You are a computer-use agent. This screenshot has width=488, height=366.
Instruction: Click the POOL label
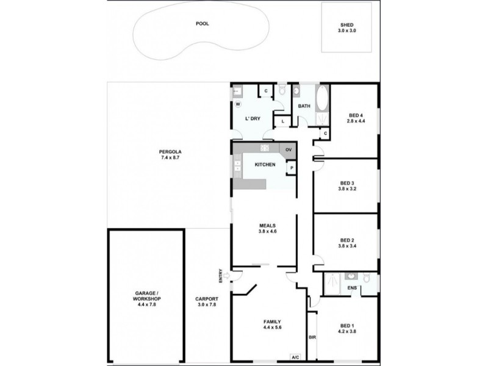(x=202, y=24)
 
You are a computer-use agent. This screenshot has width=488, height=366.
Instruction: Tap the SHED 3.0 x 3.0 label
(x=347, y=27)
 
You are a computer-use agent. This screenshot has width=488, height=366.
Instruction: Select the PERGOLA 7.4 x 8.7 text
(x=168, y=155)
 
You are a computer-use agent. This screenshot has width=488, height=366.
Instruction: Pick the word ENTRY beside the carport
(x=221, y=276)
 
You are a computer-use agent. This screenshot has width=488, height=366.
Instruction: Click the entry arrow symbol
(x=227, y=276)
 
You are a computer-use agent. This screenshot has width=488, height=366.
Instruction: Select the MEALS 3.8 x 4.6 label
(x=268, y=229)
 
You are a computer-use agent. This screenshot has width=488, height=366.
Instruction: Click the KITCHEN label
(x=265, y=165)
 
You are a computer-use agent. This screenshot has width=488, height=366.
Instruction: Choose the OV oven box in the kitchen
(x=289, y=149)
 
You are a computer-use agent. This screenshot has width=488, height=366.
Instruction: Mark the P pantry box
(x=291, y=168)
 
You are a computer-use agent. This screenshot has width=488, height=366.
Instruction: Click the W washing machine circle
(x=238, y=104)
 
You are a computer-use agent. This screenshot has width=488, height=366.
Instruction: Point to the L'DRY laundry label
(x=253, y=118)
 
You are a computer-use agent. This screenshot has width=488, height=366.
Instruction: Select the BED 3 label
(x=347, y=185)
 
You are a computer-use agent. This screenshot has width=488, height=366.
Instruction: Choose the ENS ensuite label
(x=352, y=288)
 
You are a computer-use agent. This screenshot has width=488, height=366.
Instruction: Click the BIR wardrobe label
(x=312, y=337)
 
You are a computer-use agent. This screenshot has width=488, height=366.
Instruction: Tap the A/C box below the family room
(x=295, y=357)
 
